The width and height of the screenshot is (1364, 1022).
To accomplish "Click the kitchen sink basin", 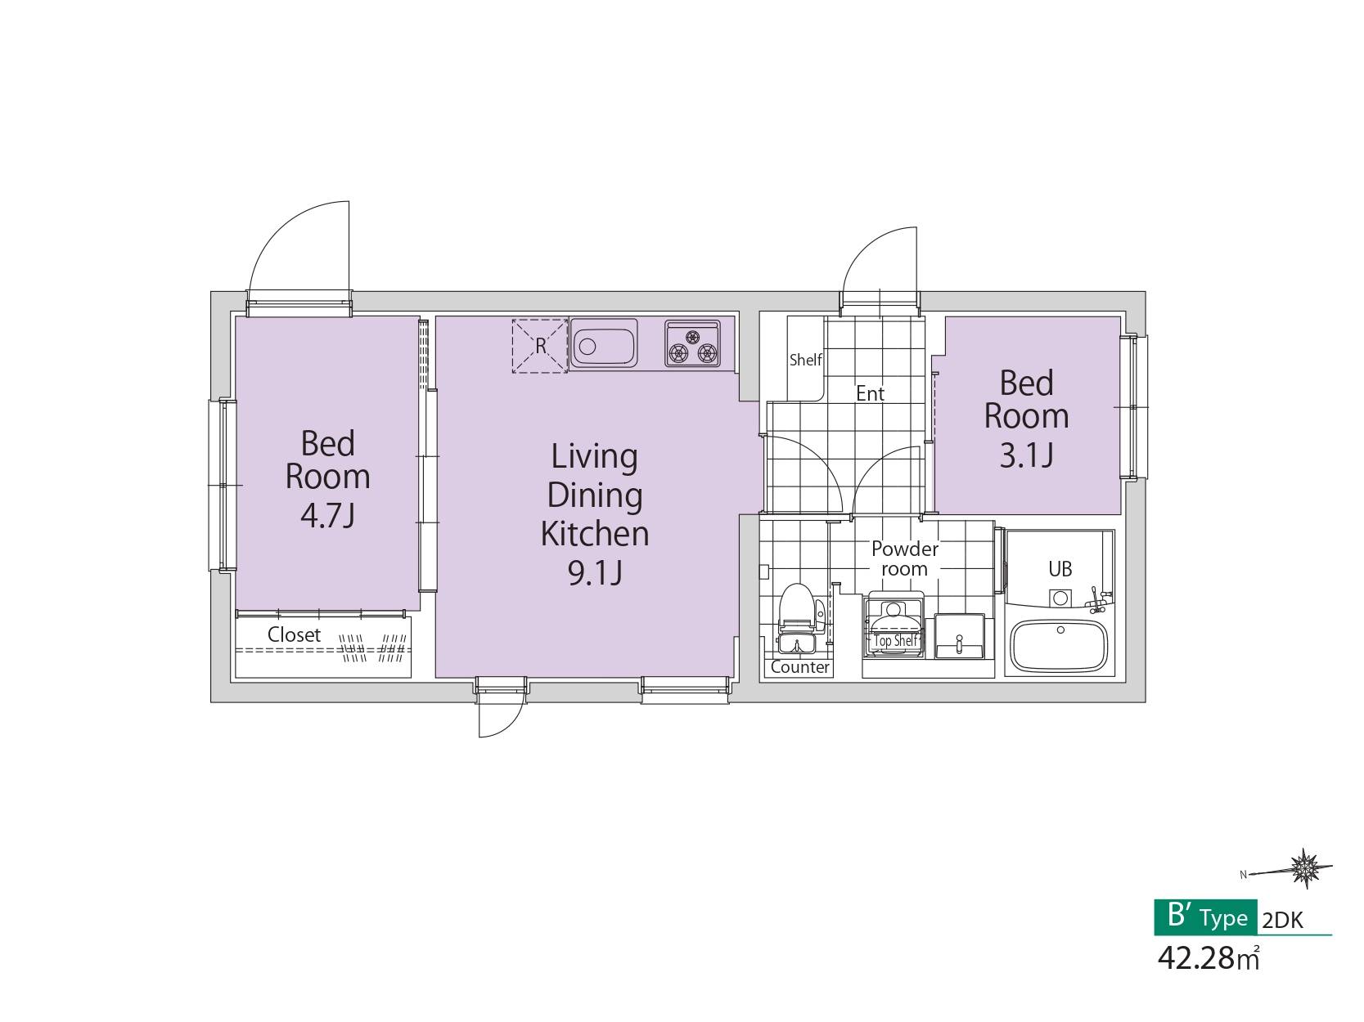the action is pyautogui.click(x=603, y=343).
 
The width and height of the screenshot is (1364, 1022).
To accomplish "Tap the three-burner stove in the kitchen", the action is pyautogui.click(x=692, y=343).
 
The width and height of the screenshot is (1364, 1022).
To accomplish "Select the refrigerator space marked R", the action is pyautogui.click(x=540, y=346).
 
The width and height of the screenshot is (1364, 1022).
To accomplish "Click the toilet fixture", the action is pyautogui.click(x=796, y=619).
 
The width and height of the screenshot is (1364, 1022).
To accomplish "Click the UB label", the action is pyautogui.click(x=1060, y=569).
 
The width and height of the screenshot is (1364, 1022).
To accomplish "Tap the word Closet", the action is pyautogui.click(x=294, y=634).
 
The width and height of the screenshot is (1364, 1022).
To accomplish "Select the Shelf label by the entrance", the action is pyautogui.click(x=805, y=360).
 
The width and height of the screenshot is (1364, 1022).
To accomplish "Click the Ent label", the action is pyautogui.click(x=870, y=393).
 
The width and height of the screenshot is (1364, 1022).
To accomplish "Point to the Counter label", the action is pyautogui.click(x=799, y=667).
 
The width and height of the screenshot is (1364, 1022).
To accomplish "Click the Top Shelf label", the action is pyautogui.click(x=895, y=640).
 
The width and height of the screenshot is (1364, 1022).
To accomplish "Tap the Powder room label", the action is pyautogui.click(x=904, y=558).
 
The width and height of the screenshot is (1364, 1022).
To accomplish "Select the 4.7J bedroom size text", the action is pyautogui.click(x=327, y=515).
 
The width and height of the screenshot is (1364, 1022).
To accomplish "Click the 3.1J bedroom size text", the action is pyautogui.click(x=1027, y=455).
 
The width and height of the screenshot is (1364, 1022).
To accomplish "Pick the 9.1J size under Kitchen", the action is pyautogui.click(x=595, y=573).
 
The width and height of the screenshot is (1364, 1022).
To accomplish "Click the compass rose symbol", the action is pyautogui.click(x=1306, y=867).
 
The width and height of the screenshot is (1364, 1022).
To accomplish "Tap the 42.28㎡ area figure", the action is pyautogui.click(x=1208, y=958).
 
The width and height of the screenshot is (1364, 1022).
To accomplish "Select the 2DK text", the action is pyautogui.click(x=1283, y=920).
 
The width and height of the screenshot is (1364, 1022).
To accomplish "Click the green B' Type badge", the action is pyautogui.click(x=1205, y=917).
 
